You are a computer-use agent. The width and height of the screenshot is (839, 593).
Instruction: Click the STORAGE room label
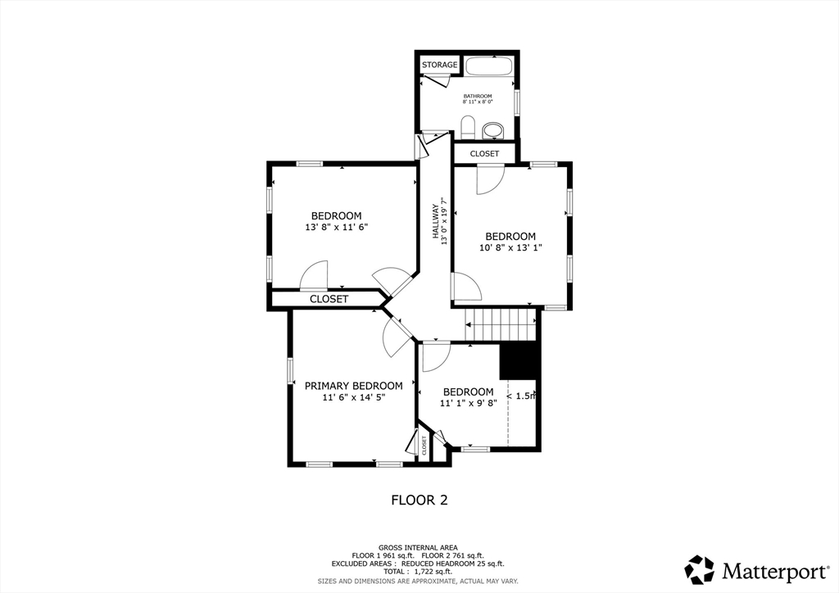(439, 65)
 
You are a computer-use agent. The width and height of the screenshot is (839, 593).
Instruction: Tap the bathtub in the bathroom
(488, 66)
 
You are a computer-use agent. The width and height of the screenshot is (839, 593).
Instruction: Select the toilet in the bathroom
(468, 127)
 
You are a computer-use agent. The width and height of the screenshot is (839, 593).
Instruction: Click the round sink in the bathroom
(492, 129)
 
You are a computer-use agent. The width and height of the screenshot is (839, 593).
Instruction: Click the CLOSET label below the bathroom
(484, 153)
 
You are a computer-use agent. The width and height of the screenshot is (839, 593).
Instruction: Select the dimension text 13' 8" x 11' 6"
(336, 228)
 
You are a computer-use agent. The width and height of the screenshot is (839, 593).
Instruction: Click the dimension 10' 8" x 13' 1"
(510, 247)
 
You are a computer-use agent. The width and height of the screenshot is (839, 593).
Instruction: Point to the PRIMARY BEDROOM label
(353, 386)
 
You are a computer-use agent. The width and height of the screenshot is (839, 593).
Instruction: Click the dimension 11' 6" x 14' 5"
(353, 397)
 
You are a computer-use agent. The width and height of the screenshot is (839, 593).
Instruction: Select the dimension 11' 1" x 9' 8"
(468, 403)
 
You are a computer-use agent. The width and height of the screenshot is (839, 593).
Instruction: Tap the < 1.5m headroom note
(521, 396)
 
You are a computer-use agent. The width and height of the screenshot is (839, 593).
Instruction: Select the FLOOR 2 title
(419, 500)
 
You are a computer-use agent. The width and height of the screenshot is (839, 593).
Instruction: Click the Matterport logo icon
(699, 569)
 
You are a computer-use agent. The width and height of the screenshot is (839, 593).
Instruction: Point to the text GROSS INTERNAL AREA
(418, 547)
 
